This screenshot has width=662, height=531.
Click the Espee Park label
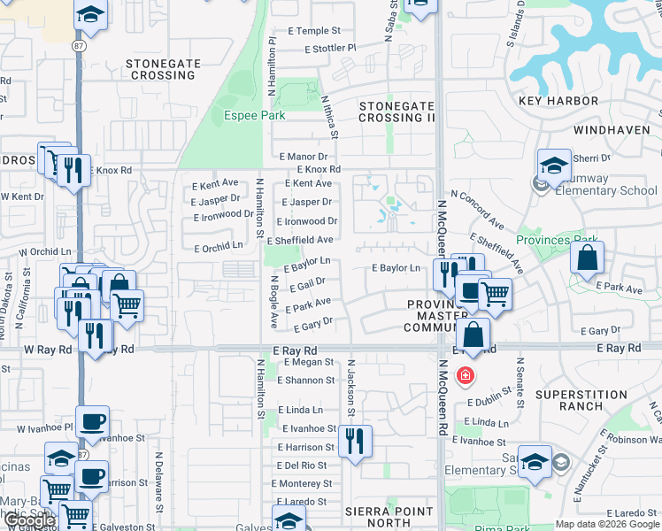tap(254, 116)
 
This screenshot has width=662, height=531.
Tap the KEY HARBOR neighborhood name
tap(559, 101)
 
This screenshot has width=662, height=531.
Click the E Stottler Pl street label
tap(330, 48)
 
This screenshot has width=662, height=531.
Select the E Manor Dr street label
tap(303, 156)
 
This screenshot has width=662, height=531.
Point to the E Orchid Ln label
tap(217, 245)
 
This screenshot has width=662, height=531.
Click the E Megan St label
tap(304, 362)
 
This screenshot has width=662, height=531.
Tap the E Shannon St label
tap(305, 381)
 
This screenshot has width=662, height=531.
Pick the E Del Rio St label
tap(302, 466)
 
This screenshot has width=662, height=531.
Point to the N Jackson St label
tap(351, 388)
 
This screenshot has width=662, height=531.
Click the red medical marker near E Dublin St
tap(464, 376)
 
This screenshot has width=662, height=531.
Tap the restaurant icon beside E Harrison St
tap(355, 441)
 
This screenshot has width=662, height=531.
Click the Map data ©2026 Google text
tap(606, 524)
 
